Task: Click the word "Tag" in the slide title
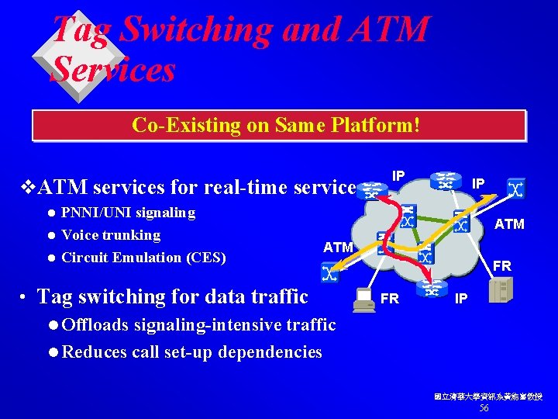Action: point(81,29)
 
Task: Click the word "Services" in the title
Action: point(113,70)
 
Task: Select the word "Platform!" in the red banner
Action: point(381,124)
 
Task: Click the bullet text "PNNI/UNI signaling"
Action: point(128,213)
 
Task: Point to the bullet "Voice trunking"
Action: point(111,235)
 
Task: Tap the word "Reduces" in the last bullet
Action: point(94,351)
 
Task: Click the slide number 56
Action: point(484,408)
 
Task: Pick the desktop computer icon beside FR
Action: point(362,300)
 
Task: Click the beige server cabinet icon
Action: point(504,290)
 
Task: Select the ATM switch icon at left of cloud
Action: point(329,272)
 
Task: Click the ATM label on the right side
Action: point(509,225)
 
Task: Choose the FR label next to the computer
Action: point(390,298)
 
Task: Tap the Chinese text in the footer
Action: point(488,396)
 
